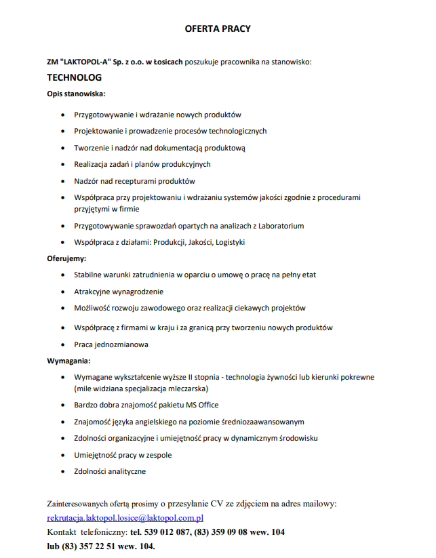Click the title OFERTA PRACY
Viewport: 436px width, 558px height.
218,29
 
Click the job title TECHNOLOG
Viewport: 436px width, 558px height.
75,78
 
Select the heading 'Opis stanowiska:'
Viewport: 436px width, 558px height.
76,93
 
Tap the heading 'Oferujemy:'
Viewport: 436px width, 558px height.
66,258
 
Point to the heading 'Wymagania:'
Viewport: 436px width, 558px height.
68,360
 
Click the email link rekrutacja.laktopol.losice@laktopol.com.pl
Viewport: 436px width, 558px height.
125,518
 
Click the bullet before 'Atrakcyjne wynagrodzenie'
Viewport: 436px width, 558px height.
63,292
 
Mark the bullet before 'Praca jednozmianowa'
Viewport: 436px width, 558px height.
63,344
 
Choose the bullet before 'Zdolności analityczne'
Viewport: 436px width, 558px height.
63,471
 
